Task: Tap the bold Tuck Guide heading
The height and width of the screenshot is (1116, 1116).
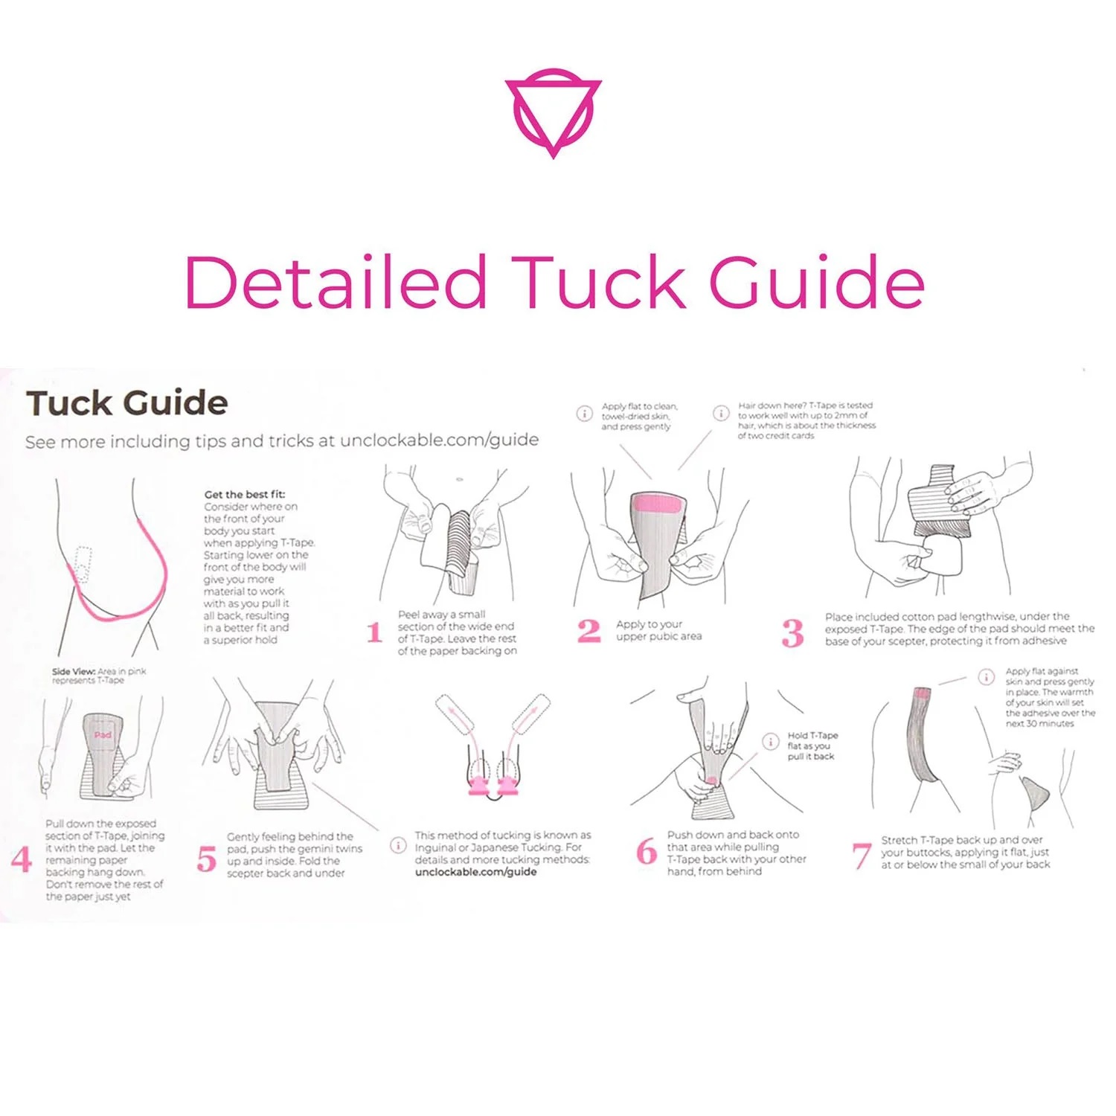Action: [127, 403]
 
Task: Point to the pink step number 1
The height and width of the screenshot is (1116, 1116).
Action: [375, 633]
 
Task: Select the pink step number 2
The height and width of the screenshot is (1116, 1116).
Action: [589, 632]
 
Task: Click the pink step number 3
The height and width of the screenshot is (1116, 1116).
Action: [792, 633]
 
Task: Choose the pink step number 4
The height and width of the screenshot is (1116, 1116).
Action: [22, 859]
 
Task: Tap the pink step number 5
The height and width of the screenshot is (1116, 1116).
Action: [206, 859]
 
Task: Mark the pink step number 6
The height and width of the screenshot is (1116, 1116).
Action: [647, 851]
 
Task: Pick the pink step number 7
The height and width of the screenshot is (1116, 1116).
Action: [861, 856]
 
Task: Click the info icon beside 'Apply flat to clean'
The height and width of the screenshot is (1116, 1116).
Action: [585, 414]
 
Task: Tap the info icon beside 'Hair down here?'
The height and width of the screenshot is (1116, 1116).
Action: [721, 413]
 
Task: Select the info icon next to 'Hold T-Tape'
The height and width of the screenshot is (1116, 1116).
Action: [770, 742]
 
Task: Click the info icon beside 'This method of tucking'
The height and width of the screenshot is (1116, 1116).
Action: [398, 845]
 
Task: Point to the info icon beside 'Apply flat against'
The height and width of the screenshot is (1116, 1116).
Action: [986, 676]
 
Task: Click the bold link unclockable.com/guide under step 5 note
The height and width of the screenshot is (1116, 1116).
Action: [475, 871]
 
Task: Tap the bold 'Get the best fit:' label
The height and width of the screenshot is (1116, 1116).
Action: [244, 494]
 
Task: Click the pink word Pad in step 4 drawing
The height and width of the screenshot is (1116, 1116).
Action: [103, 735]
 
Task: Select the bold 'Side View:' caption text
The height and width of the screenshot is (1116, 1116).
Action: [73, 671]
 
